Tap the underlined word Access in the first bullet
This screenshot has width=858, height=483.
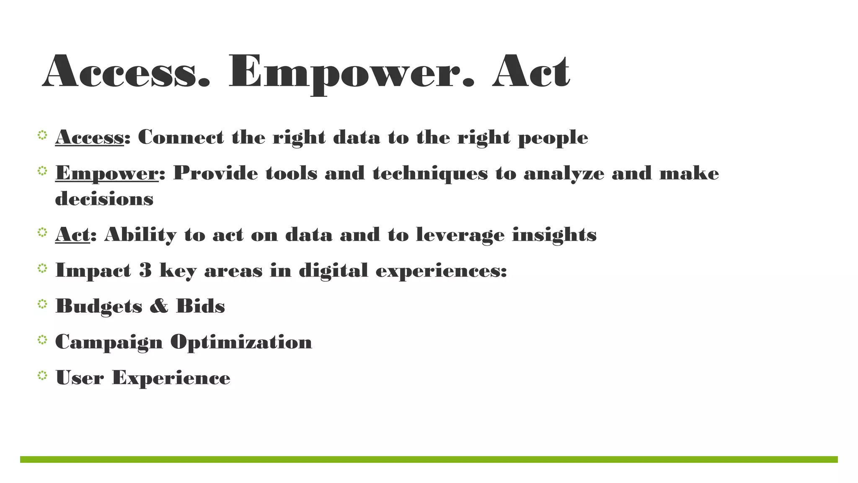coord(89,137)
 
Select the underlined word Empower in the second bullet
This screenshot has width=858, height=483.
coord(107,173)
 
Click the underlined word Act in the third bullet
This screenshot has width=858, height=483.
coord(72,234)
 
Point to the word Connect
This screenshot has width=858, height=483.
coord(181,137)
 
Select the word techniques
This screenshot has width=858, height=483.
coord(430,174)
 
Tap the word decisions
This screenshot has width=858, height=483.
coord(104,198)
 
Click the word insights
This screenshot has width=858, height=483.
coord(554,234)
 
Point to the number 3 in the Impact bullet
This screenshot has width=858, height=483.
coord(145,270)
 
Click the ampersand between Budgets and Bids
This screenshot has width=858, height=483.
coord(159,306)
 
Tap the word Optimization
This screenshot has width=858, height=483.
coord(241,342)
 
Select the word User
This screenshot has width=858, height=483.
coord(80,378)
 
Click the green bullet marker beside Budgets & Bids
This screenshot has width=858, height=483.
coord(42,304)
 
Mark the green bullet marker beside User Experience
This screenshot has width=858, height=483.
coord(42,376)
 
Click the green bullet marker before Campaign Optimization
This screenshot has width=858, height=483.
coord(42,340)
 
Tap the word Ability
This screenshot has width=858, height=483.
coord(140,235)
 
